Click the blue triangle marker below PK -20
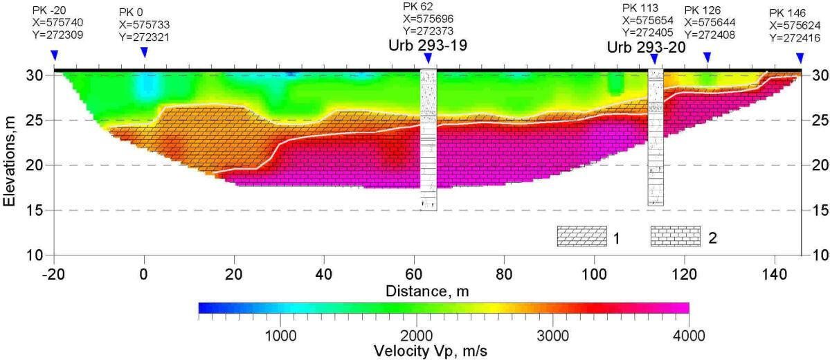(55, 55)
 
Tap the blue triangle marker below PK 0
(144, 53)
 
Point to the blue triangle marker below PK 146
(800, 57)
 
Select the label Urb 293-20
(646, 48)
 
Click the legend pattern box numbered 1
(581, 237)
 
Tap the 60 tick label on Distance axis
(414, 272)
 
